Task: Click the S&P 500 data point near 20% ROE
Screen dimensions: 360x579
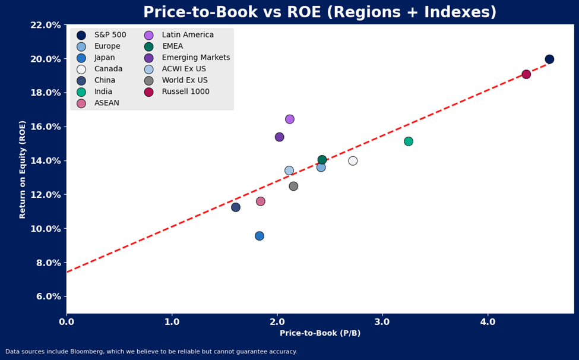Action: (549, 59)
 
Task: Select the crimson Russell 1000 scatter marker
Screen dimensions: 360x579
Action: (526, 74)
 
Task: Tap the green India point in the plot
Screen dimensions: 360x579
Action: (409, 141)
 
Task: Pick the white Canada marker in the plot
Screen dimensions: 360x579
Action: (353, 161)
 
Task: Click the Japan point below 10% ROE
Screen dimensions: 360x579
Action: (260, 236)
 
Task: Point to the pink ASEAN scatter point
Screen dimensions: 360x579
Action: (260, 201)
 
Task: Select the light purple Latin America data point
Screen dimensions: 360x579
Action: (290, 119)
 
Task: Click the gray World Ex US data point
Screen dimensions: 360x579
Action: (293, 187)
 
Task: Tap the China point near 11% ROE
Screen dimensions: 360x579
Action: (236, 207)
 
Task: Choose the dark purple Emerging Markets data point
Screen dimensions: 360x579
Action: (280, 137)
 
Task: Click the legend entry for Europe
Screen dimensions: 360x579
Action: (107, 46)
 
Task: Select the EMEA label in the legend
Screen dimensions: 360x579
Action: (172, 46)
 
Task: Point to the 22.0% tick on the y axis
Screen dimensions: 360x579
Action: (46, 25)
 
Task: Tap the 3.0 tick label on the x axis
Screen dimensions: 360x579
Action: (382, 322)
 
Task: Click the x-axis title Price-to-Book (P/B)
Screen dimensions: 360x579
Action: (320, 333)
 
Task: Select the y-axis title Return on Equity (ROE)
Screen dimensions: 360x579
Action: (23, 169)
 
